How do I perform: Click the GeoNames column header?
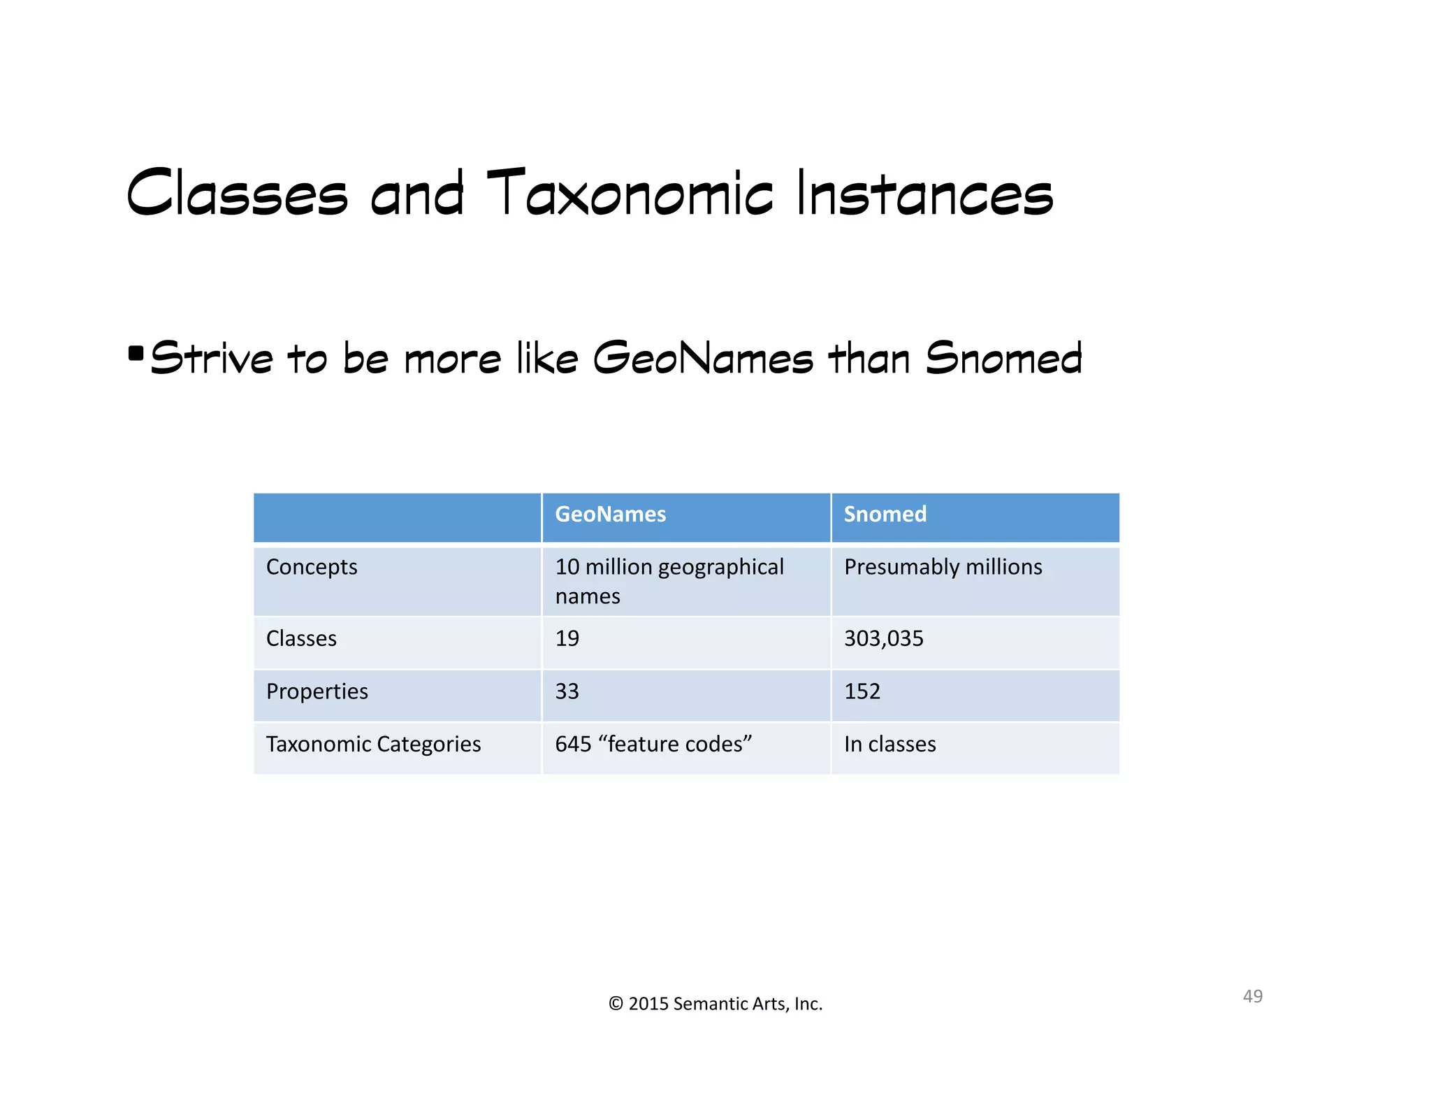click(x=610, y=515)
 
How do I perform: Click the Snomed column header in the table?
click(x=885, y=515)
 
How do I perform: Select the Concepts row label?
click(x=312, y=567)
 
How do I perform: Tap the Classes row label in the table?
click(x=301, y=638)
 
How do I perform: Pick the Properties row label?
click(x=317, y=691)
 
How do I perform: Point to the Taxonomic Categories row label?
click(x=373, y=744)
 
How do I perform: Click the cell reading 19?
click(x=567, y=638)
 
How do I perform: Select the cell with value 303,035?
click(x=883, y=638)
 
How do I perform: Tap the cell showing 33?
click(x=567, y=691)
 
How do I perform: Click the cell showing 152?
click(x=862, y=691)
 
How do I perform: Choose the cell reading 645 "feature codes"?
click(x=653, y=744)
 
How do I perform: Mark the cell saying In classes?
click(x=889, y=744)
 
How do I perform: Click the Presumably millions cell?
click(x=943, y=567)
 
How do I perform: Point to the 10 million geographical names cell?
click(x=669, y=581)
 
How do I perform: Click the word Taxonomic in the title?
click(x=630, y=194)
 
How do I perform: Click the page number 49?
click(x=1252, y=996)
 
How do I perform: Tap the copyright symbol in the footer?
click(x=616, y=1004)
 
